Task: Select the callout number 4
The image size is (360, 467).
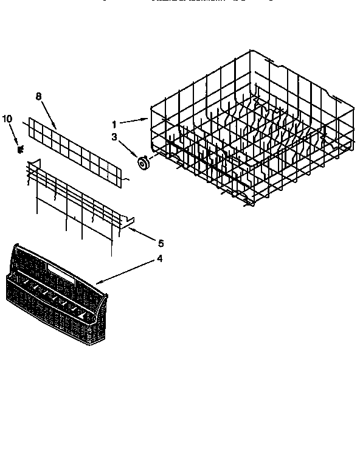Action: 159,258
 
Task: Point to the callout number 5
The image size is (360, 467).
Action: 161,243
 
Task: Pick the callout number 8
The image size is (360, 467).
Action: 39,95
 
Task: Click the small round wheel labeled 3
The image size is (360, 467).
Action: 144,162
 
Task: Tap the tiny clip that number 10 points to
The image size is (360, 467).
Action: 20,148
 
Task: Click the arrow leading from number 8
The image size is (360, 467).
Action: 49,114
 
